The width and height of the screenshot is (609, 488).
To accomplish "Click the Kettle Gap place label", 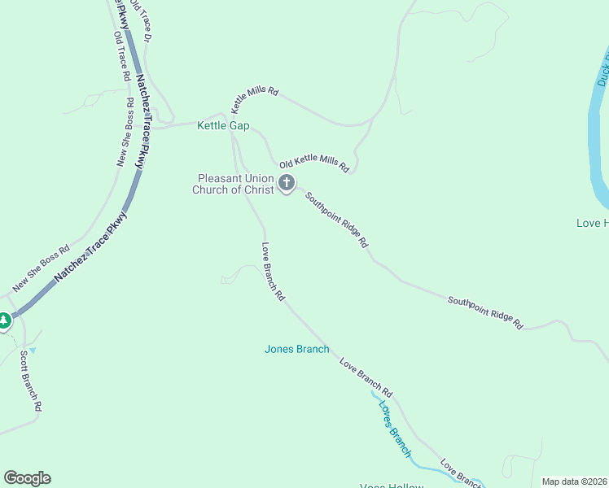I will [223, 126].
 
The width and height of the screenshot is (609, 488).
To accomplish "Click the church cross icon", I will [287, 183].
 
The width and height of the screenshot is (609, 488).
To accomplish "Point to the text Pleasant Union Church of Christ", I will [234, 185].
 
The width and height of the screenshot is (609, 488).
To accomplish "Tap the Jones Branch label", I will [296, 350].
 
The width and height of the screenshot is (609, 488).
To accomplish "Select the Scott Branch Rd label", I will [32, 379].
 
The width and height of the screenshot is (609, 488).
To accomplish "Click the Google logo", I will [27, 478].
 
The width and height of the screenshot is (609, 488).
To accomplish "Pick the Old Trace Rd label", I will [122, 57].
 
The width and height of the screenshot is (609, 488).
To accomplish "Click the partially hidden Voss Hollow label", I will [392, 486].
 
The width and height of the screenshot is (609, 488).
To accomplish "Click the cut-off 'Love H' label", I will [592, 223].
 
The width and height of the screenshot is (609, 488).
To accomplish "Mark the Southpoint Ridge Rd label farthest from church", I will [485, 312].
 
